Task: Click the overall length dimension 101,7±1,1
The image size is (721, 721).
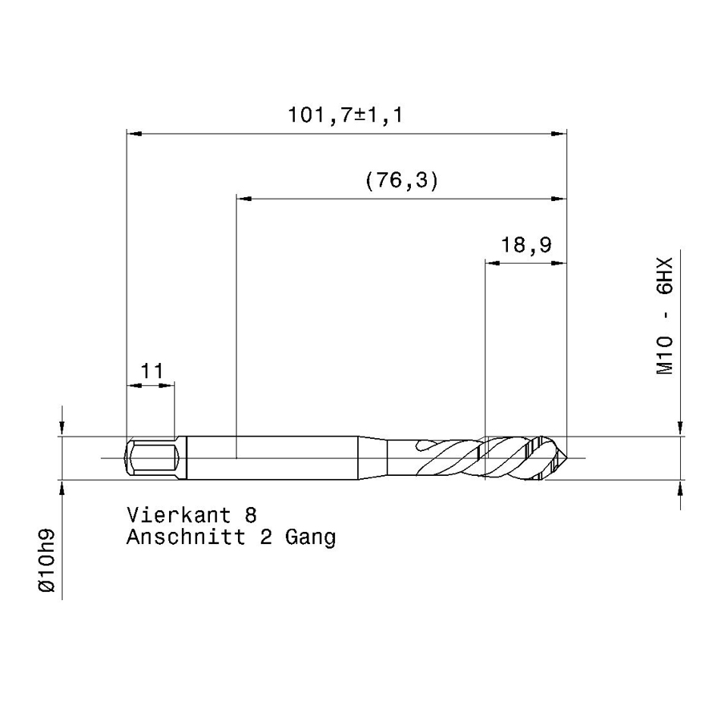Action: click(x=345, y=115)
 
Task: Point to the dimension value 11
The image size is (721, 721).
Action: click(x=151, y=371)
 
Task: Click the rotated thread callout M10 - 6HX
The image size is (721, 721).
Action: click(x=665, y=316)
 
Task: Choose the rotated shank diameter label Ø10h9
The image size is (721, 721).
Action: click(x=47, y=561)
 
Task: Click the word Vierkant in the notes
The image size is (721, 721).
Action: click(x=179, y=515)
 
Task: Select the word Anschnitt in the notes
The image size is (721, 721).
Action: click(x=186, y=537)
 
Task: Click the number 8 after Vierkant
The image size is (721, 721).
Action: click(x=251, y=515)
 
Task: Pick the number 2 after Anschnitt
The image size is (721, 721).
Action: click(x=266, y=537)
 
